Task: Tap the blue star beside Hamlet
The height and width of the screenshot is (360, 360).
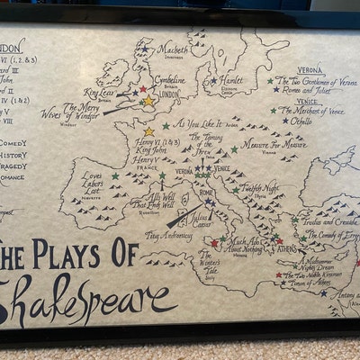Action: [213, 80]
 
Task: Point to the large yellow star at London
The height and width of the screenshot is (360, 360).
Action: [148, 101]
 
